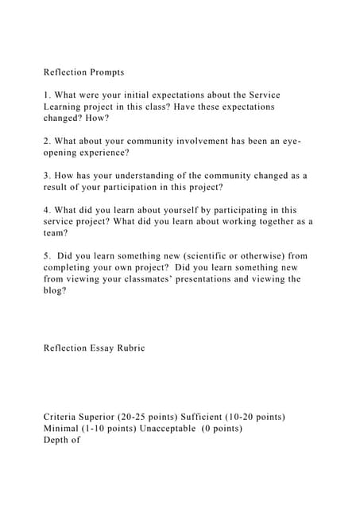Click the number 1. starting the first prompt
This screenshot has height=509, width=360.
click(x=47, y=95)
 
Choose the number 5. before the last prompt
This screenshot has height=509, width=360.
click(x=47, y=256)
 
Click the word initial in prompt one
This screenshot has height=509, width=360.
click(x=140, y=95)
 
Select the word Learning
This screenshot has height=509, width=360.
click(x=64, y=107)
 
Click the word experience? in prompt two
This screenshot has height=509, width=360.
click(x=99, y=153)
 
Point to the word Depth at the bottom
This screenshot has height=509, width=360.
click(x=57, y=440)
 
